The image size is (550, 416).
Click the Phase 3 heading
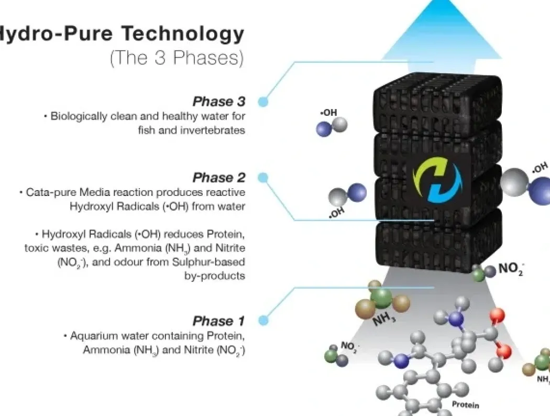[x=219, y=101]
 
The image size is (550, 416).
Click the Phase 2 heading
[x=219, y=178]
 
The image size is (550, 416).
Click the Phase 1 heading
[x=218, y=321]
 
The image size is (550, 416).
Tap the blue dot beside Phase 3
[x=263, y=102]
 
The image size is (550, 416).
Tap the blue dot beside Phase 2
[x=263, y=178]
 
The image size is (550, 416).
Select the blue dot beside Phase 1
[x=263, y=320]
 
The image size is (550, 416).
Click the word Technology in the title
[x=182, y=35]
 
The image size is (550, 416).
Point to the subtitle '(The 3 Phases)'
[x=177, y=57]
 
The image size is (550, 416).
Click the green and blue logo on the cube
[x=437, y=181]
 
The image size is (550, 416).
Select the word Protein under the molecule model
[x=466, y=405]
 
